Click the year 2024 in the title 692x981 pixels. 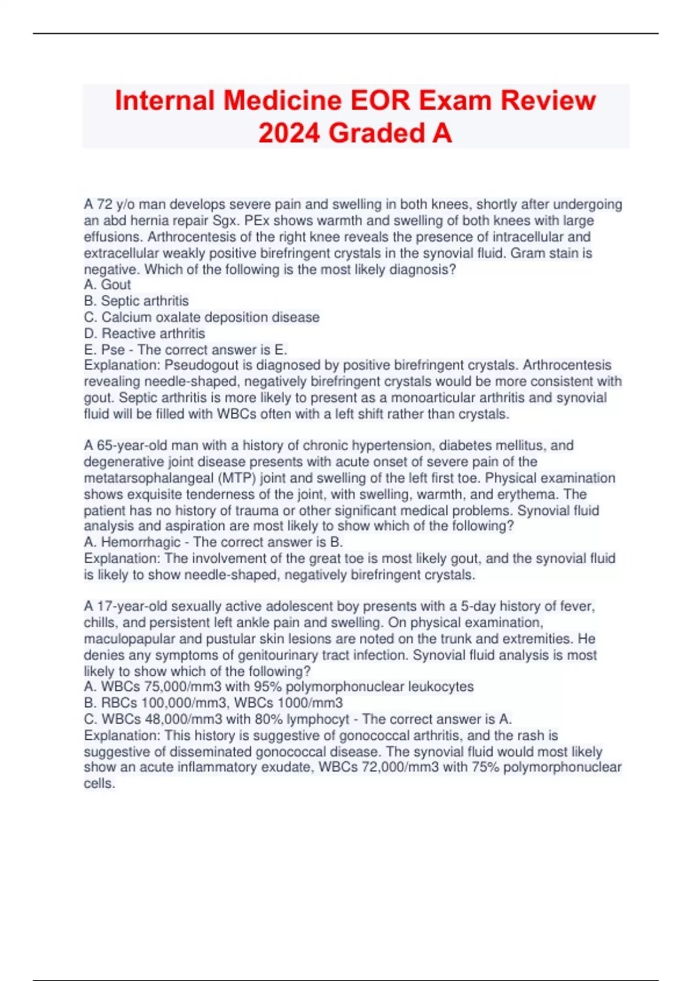click(x=289, y=133)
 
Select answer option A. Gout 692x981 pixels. click(x=108, y=284)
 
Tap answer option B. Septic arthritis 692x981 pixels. click(x=137, y=301)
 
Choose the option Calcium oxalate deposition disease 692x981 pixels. click(x=202, y=317)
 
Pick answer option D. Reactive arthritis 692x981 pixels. click(x=145, y=333)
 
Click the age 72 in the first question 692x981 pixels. click(x=104, y=204)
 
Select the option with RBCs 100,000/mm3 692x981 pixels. click(x=213, y=703)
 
